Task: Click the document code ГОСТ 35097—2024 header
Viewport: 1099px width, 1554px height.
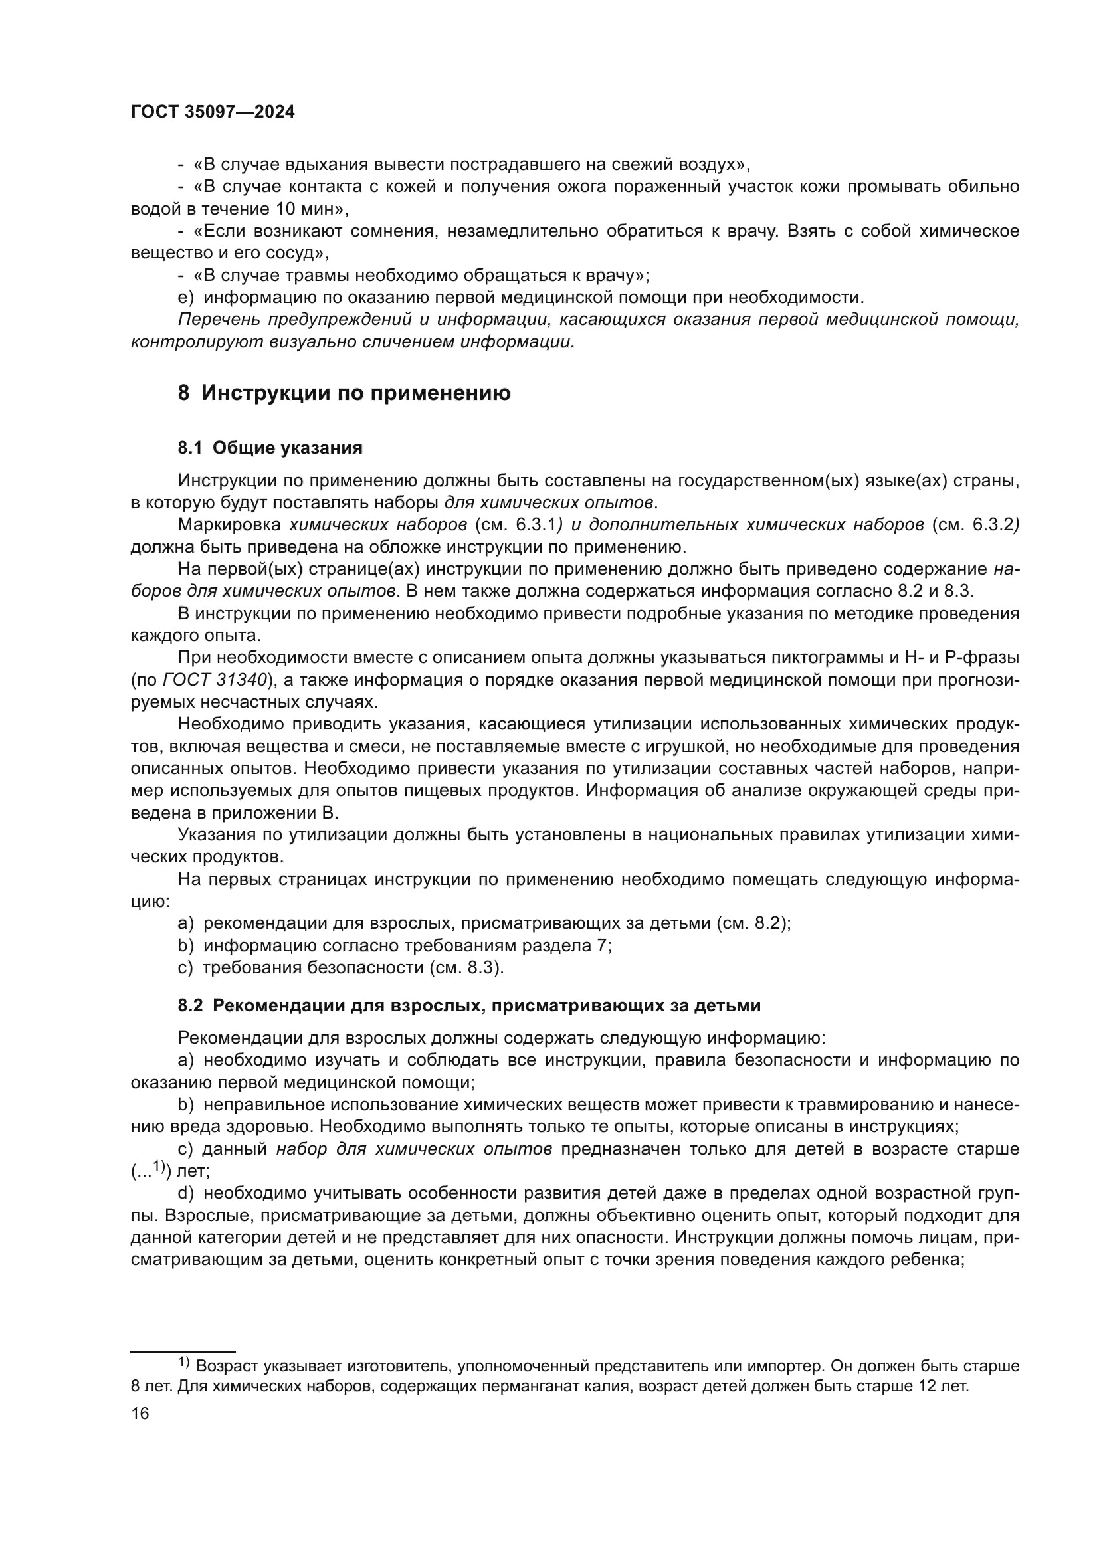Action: click(x=213, y=112)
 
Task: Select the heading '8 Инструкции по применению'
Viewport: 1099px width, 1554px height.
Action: click(x=344, y=393)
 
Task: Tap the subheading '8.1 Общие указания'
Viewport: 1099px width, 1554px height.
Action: click(x=270, y=448)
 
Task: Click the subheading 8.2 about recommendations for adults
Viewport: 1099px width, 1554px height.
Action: click(x=469, y=1006)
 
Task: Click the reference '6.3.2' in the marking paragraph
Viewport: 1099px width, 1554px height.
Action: click(x=993, y=525)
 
